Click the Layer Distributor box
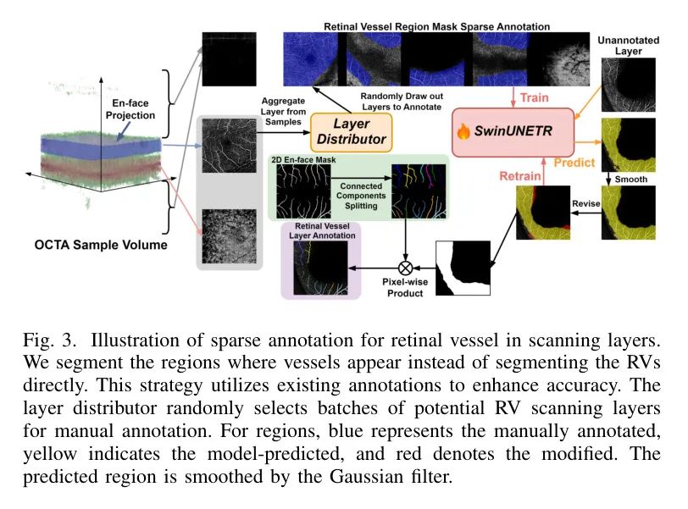350,130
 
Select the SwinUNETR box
513,132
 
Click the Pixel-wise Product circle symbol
406,269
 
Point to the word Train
534,97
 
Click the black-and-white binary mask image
461,268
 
